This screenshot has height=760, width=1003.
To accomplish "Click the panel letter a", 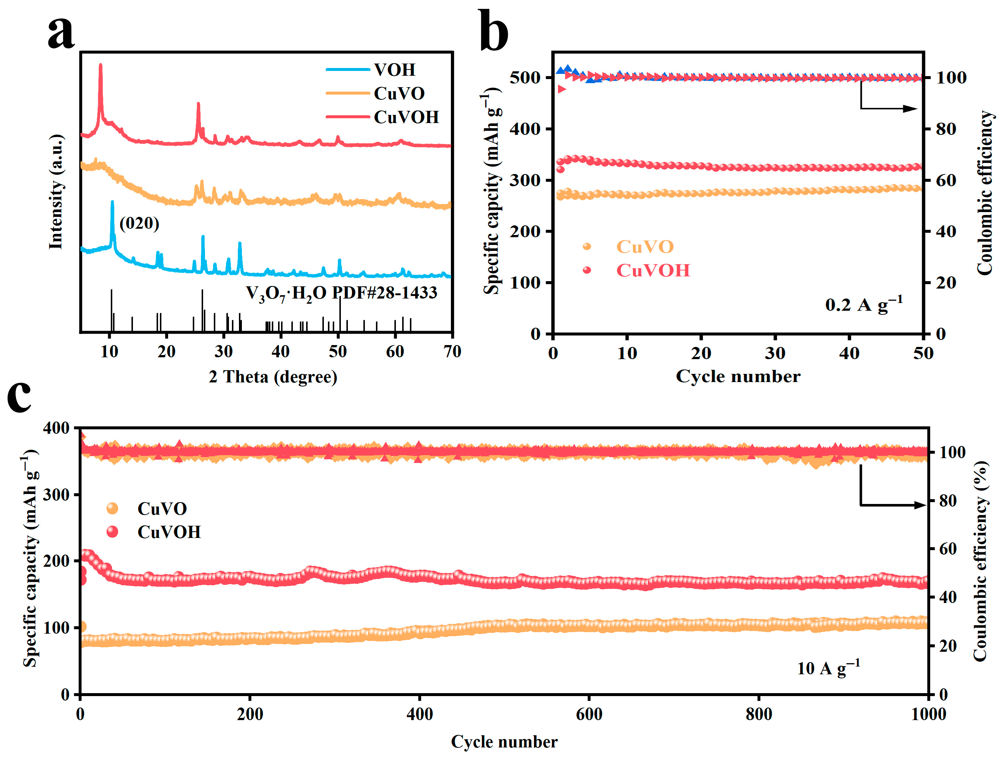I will (61, 33).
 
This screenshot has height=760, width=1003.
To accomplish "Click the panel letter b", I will (493, 32).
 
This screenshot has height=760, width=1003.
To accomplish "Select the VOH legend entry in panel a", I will (394, 69).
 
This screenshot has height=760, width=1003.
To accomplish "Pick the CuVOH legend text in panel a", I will (406, 117).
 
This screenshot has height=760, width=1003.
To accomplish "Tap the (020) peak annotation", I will (139, 223).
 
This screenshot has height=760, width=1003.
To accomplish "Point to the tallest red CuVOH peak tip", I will (101, 65).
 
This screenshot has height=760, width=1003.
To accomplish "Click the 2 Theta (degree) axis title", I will (273, 376).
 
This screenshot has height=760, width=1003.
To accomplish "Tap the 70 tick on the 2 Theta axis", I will (452, 351).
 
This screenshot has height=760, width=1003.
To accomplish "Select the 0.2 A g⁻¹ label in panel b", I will (864, 304).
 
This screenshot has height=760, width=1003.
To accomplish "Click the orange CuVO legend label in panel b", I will (645, 246).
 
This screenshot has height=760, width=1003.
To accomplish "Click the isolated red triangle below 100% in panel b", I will (562, 89).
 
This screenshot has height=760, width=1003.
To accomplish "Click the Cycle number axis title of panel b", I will (738, 376).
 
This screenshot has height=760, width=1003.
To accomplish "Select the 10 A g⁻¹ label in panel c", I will (828, 668).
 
